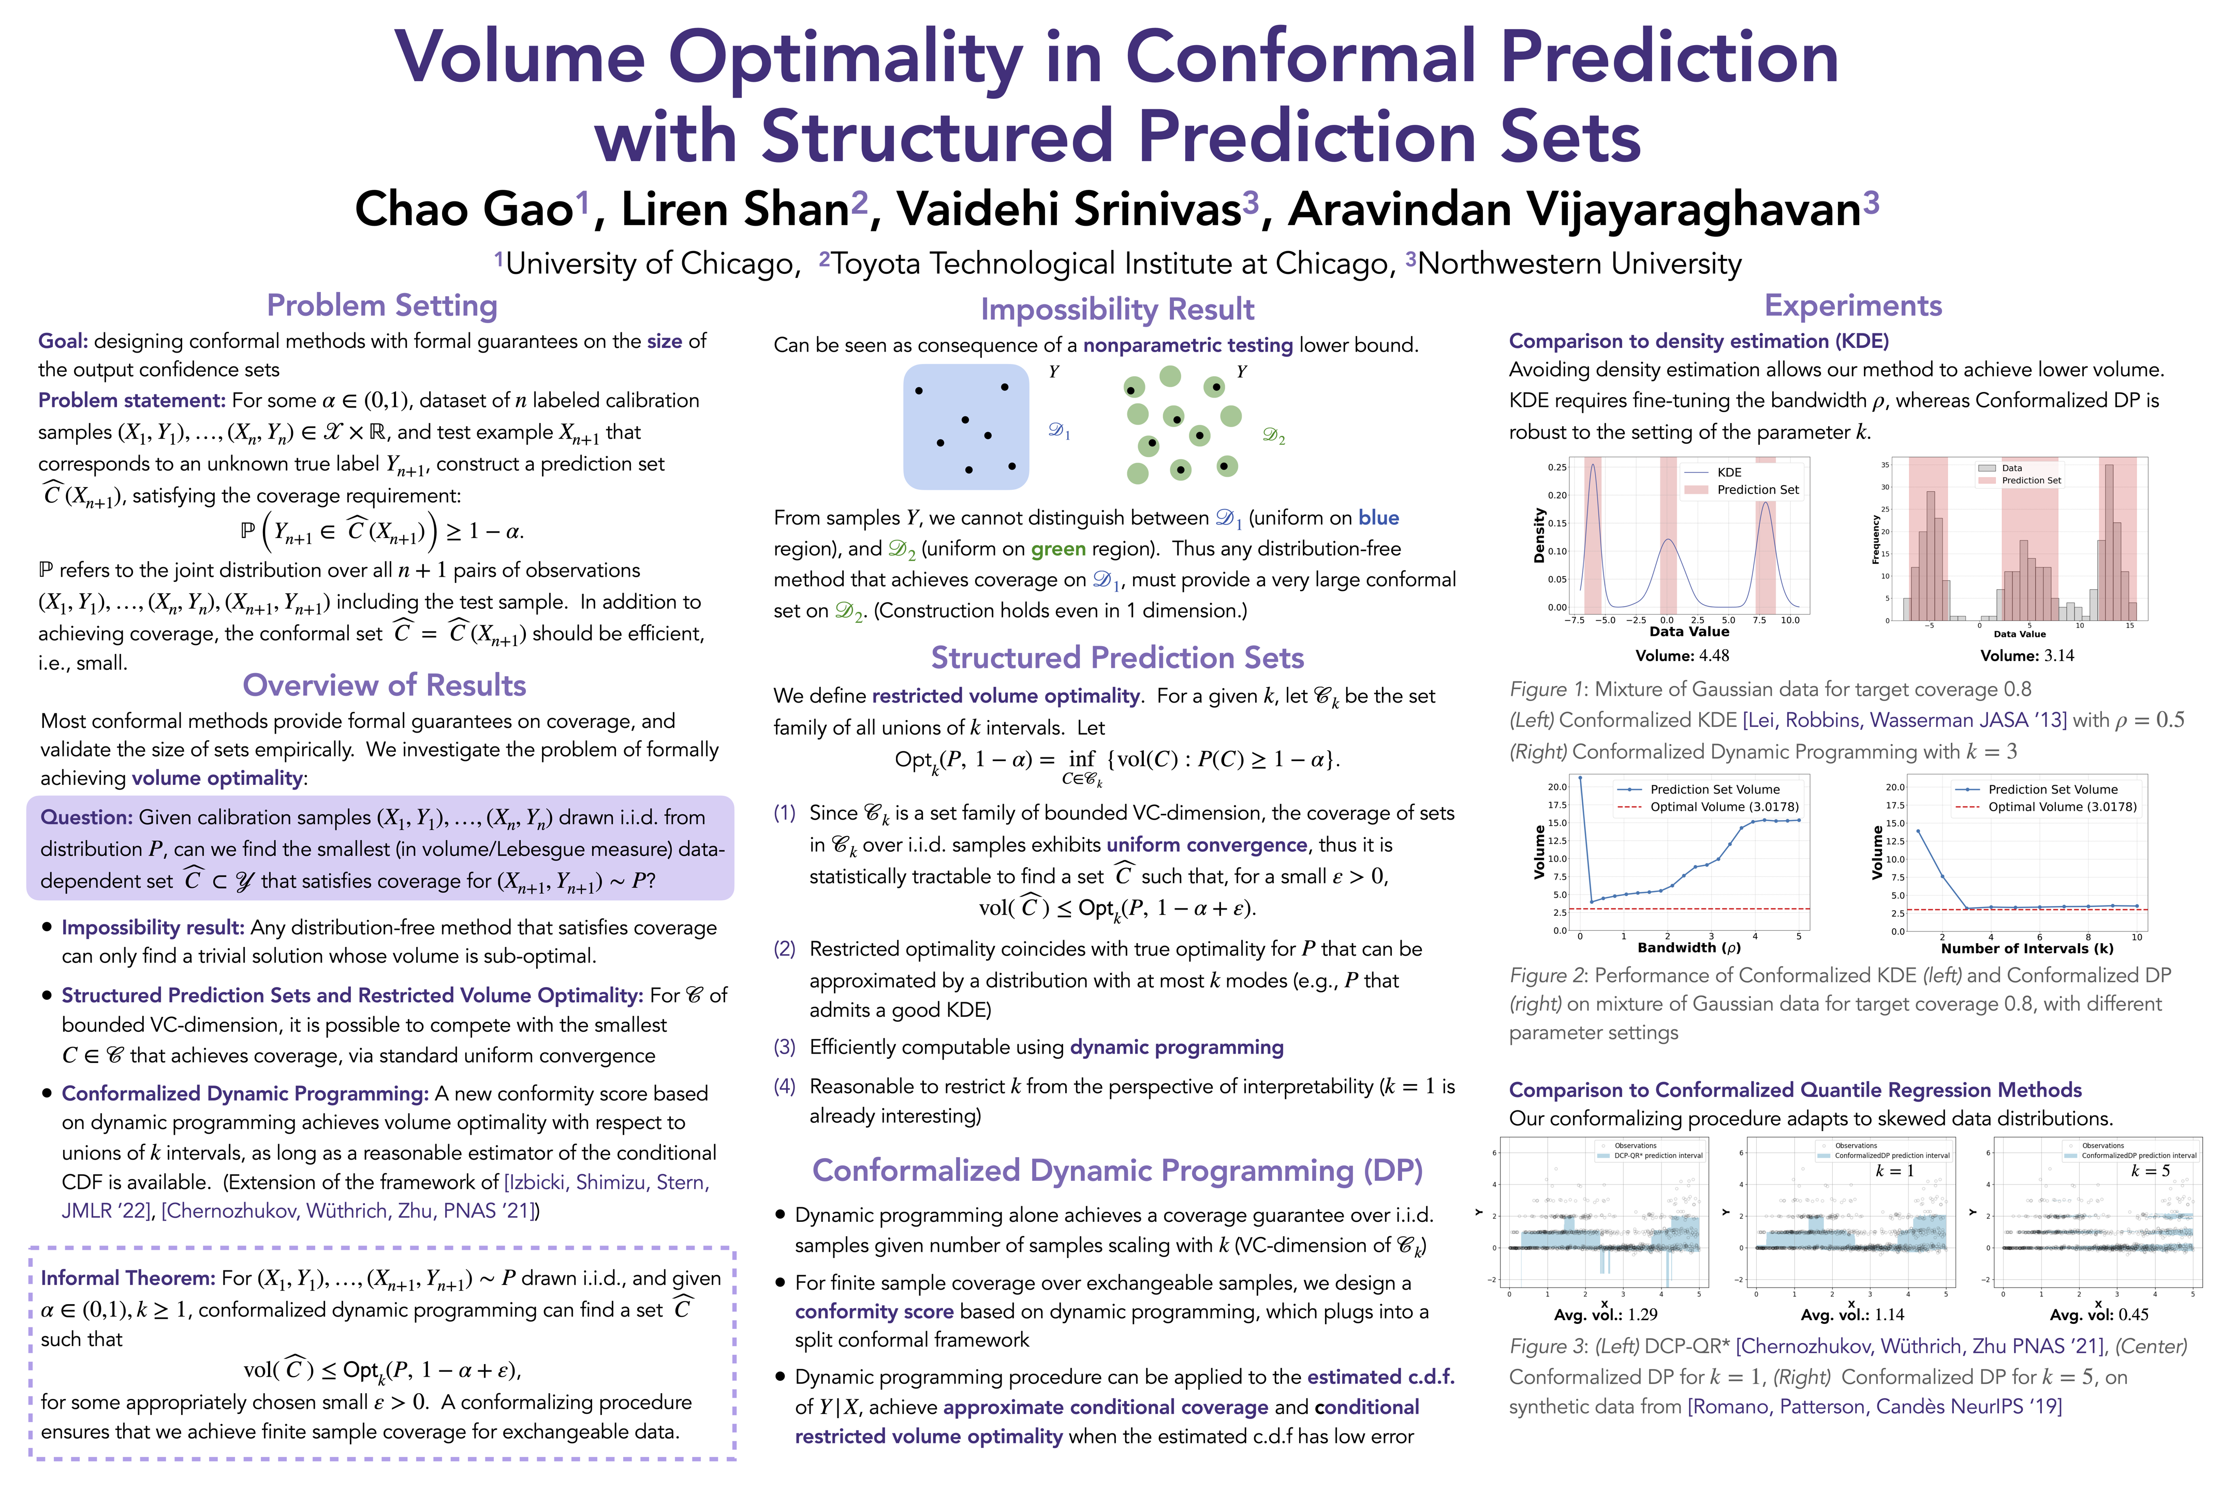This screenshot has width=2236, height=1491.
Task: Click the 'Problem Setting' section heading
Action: pyautogui.click(x=381, y=305)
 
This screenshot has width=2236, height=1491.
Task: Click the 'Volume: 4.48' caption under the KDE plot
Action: pyautogui.click(x=1682, y=656)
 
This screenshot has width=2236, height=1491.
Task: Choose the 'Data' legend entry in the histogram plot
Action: pyautogui.click(x=2012, y=468)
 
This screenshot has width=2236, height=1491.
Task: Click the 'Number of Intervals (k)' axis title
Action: pyautogui.click(x=2027, y=949)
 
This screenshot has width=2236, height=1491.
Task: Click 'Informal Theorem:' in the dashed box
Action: pyautogui.click(x=128, y=1278)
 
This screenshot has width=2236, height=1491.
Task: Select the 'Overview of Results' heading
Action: pyautogui.click(x=384, y=685)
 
